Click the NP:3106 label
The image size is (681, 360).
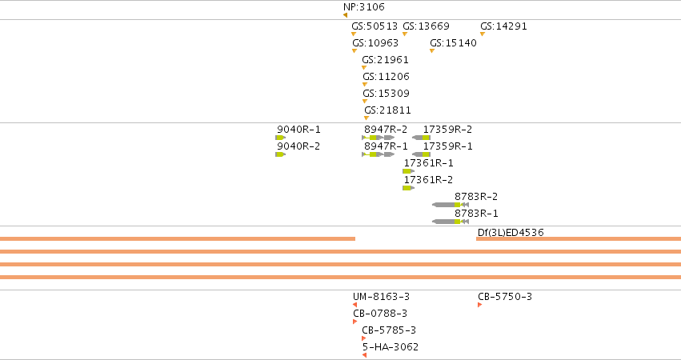[364, 7]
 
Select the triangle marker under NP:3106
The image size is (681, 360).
[345, 15]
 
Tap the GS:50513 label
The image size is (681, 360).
[375, 26]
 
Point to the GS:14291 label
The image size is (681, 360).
[503, 26]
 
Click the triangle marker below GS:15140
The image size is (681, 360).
[432, 51]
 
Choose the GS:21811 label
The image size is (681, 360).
[387, 110]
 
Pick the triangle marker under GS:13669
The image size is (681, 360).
[405, 34]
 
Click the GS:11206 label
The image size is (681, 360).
[386, 77]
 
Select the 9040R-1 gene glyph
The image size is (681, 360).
[281, 138]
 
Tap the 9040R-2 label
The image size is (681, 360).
[298, 146]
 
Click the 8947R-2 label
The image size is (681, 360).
[386, 130]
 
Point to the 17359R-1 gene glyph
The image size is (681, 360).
[421, 154]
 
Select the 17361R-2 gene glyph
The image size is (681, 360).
[408, 188]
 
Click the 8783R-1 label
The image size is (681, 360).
[476, 214]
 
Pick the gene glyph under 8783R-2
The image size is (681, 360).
[451, 205]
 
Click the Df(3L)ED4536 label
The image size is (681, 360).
[511, 232]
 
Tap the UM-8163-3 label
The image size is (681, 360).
[381, 297]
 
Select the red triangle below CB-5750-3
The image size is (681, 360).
[480, 305]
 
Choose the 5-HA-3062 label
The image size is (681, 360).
[391, 347]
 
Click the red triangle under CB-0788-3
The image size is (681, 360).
[355, 322]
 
